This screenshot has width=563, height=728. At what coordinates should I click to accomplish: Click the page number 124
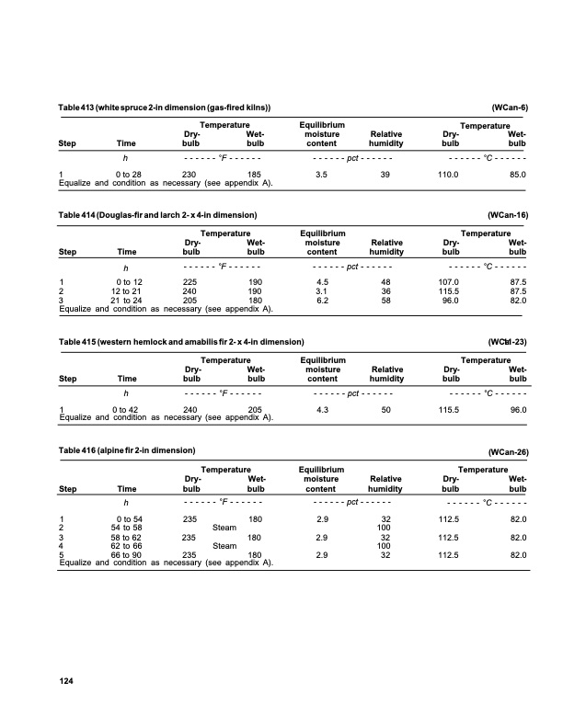pyautogui.click(x=65, y=681)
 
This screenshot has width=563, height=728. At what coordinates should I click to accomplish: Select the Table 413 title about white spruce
pyautogui.click(x=164, y=108)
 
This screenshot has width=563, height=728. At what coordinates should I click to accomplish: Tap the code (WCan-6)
pyautogui.click(x=510, y=108)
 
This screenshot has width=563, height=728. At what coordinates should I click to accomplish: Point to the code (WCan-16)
pyautogui.click(x=508, y=214)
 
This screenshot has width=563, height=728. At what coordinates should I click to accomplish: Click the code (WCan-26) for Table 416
pyautogui.click(x=508, y=452)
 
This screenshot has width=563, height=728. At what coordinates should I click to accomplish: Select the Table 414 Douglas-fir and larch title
pyautogui.click(x=156, y=214)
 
